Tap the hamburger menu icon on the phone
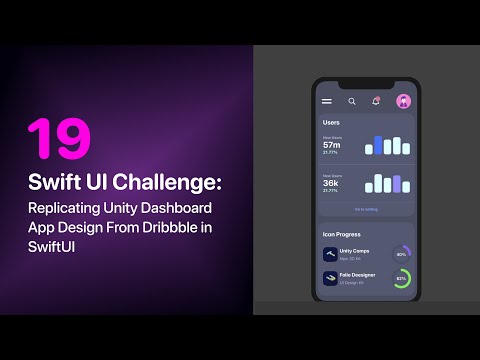click(326, 101)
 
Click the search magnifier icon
click(352, 101)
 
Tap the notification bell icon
click(376, 101)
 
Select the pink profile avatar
click(403, 101)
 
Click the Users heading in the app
click(331, 122)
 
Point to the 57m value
click(331, 145)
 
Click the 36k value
click(331, 183)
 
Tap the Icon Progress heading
click(342, 234)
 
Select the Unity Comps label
click(355, 251)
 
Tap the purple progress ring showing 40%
click(401, 254)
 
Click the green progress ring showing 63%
click(401, 278)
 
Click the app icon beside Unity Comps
click(329, 254)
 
